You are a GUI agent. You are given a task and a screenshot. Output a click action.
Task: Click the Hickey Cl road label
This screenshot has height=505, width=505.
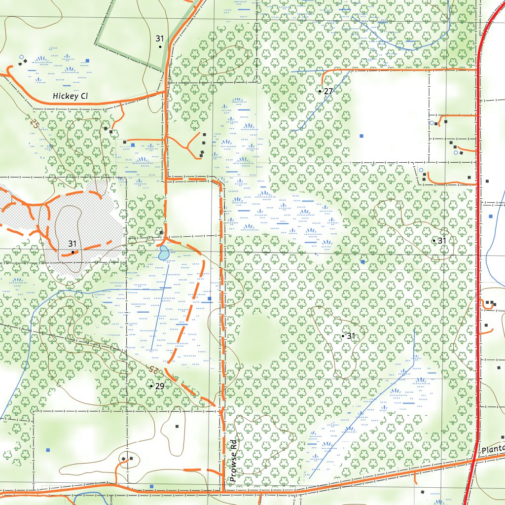[70, 96]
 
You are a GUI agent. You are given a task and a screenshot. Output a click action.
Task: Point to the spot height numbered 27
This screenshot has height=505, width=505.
[320, 91]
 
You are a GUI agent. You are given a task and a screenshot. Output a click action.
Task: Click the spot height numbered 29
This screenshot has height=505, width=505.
[151, 386]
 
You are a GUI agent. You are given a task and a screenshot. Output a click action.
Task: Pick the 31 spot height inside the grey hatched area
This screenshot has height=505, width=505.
[72, 252]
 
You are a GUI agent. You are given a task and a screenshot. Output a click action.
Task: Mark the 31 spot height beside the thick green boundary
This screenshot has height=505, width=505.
[160, 46]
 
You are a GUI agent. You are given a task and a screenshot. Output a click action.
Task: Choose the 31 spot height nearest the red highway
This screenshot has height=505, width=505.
[434, 241]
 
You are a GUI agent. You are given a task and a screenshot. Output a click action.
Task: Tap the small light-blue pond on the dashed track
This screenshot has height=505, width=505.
[163, 253]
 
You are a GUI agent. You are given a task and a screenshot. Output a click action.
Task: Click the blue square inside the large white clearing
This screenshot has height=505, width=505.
[361, 135]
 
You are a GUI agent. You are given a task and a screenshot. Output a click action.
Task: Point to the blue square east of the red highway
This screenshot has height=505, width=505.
[490, 216]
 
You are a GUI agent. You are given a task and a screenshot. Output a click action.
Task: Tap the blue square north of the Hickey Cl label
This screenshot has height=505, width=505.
[87, 60]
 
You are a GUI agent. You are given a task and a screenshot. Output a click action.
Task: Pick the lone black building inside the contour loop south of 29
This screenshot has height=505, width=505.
[177, 426]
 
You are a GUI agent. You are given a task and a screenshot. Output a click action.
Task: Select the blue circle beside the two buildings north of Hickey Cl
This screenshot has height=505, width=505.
[21, 57]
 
